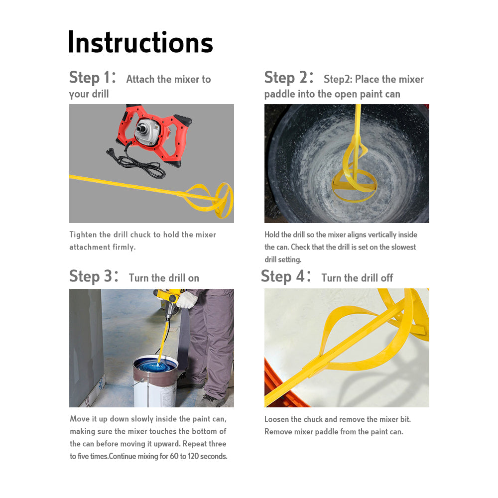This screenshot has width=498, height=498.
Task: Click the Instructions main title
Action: coord(140,42)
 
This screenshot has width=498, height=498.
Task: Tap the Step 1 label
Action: coord(93,78)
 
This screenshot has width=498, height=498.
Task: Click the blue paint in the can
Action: coord(157,366)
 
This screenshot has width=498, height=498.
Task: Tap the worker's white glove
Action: coord(187,300)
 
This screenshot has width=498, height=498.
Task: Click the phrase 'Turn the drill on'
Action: coord(164,278)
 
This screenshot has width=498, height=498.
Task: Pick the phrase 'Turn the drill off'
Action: coord(357,278)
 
